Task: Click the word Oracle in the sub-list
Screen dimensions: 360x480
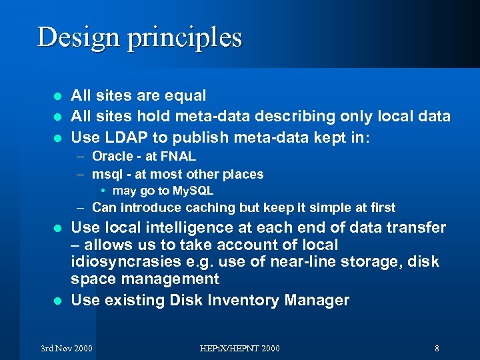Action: coord(112,157)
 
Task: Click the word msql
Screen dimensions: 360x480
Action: coord(107,175)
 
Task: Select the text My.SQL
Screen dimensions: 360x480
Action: coord(190,191)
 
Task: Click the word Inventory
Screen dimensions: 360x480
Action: coord(238,300)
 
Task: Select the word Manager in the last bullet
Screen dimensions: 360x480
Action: coord(317,300)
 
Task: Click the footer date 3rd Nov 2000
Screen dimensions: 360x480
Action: coord(67,348)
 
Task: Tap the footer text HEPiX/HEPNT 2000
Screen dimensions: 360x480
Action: coord(240,348)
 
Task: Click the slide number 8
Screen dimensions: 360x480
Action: coord(437,348)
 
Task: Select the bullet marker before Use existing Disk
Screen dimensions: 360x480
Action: coord(57,301)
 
